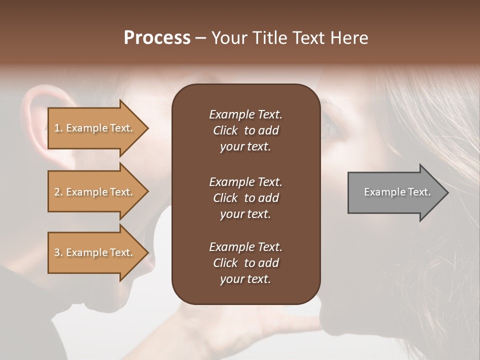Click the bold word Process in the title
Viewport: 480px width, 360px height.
coord(157,38)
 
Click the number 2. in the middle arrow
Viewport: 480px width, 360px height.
coord(58,192)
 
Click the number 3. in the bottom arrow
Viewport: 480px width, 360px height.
coord(58,252)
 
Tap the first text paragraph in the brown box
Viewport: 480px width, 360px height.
coord(245,130)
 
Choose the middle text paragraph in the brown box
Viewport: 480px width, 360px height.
coord(245,197)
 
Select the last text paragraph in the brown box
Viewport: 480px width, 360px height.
coord(245,263)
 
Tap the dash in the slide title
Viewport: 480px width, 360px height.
coord(201,38)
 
